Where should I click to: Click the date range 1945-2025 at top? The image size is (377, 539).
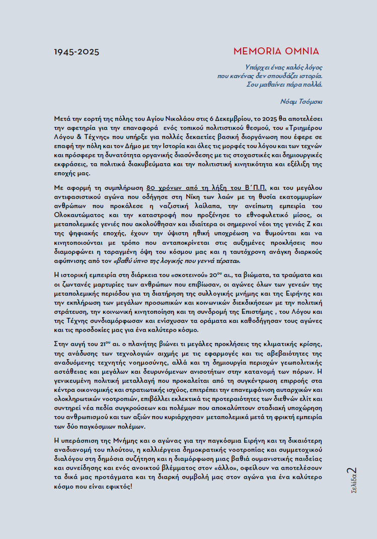point(77,52)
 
